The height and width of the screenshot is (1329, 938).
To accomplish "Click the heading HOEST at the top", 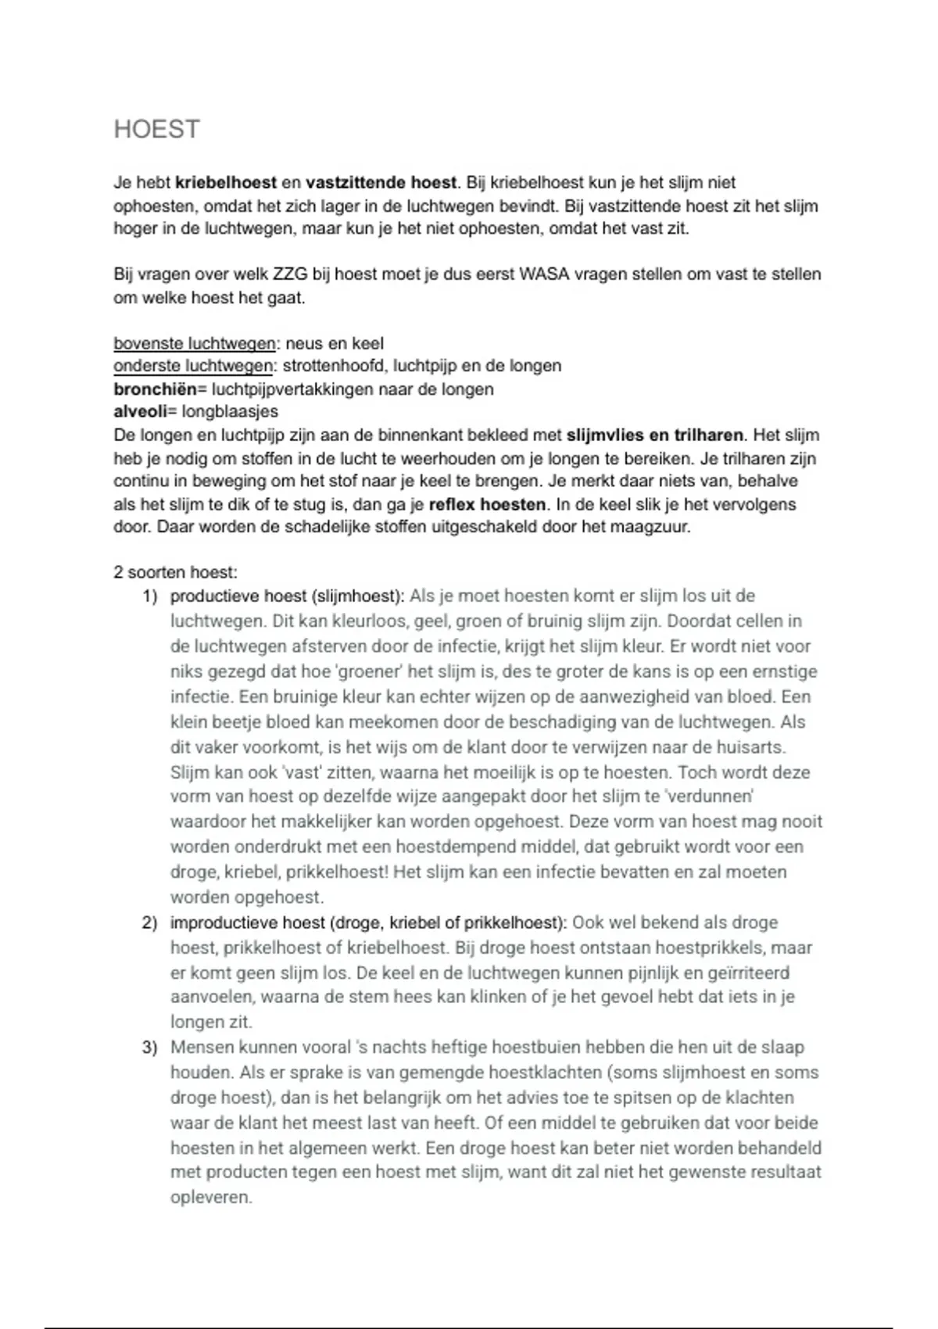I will (x=157, y=129).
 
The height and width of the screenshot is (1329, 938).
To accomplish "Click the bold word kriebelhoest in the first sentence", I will (x=226, y=183).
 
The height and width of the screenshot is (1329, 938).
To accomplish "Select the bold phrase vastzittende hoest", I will (x=381, y=183).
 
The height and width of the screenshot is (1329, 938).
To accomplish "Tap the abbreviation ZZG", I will (x=289, y=275).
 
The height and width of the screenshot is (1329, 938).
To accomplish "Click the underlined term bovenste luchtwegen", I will (x=194, y=344).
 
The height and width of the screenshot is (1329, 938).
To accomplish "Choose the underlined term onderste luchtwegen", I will (x=194, y=367).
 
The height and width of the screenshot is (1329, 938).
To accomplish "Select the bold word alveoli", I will (x=140, y=412).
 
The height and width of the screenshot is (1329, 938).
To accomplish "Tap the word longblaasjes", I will (x=230, y=412).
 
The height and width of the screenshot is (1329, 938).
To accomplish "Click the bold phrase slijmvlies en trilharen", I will (x=656, y=435).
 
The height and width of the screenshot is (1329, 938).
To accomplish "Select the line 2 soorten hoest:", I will (x=175, y=573).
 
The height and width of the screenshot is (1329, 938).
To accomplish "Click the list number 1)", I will (x=150, y=596).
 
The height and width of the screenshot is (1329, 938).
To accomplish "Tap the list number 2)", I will (x=150, y=923).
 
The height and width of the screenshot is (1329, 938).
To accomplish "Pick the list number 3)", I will (x=150, y=1048).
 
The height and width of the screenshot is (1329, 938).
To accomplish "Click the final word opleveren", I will (x=211, y=1198).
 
